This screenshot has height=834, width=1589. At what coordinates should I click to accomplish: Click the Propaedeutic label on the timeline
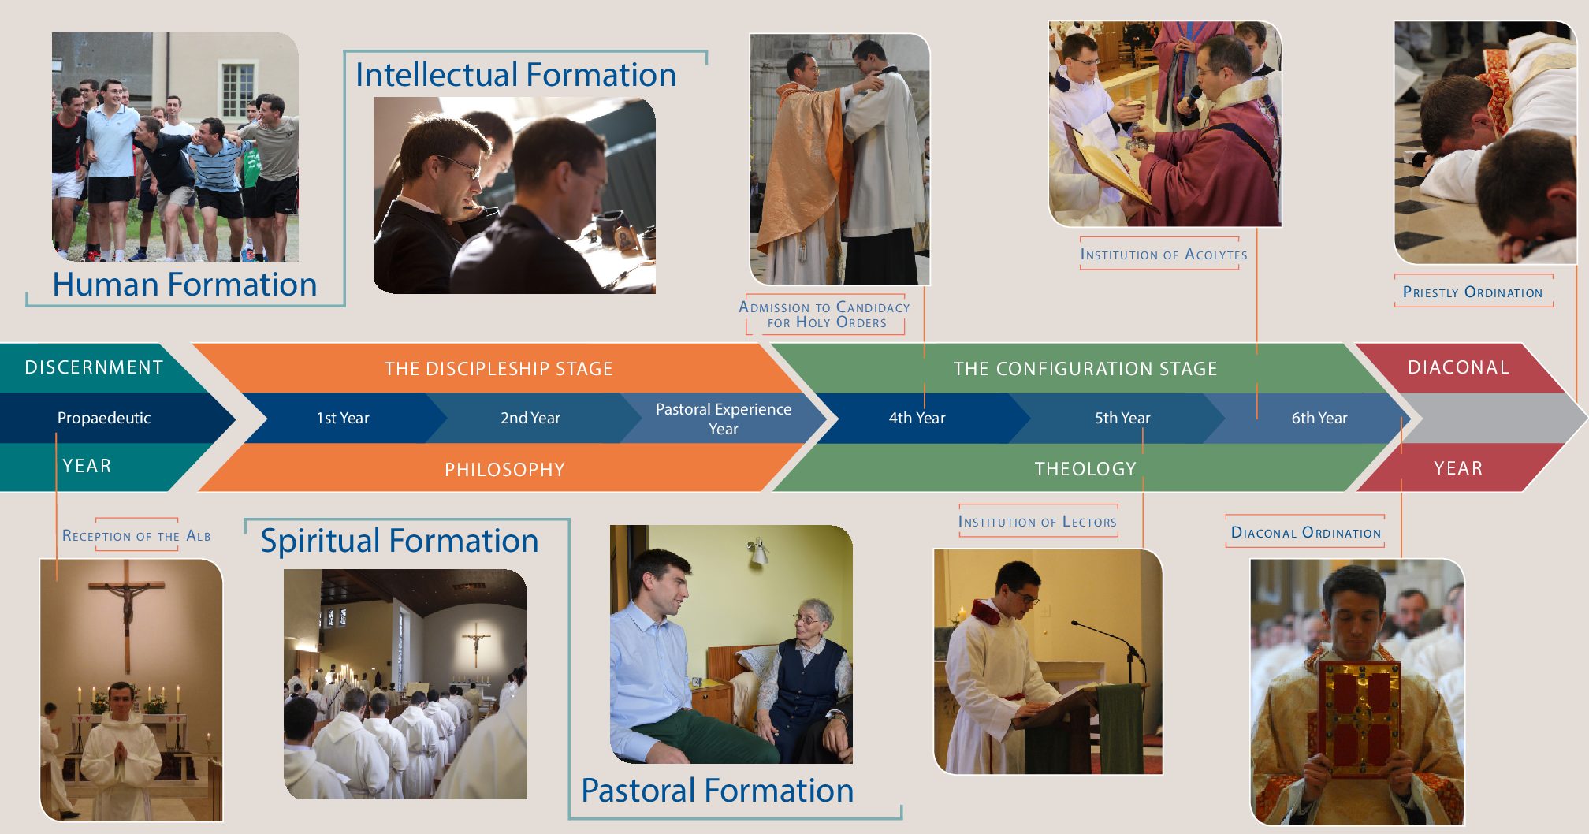[x=104, y=418]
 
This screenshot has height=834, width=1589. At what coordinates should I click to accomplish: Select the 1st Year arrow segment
[x=343, y=418]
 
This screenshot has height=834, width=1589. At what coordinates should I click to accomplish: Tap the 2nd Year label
[x=530, y=418]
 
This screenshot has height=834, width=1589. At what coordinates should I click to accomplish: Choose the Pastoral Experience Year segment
[x=724, y=419]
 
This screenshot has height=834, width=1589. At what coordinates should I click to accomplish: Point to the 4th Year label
[x=917, y=418]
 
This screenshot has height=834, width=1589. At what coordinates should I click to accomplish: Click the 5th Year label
[x=1122, y=418]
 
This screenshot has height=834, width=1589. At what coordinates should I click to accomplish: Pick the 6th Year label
[x=1319, y=418]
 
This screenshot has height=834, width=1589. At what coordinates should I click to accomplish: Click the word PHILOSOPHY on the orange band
[x=504, y=470]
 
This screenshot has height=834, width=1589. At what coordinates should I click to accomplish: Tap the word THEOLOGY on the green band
[x=1085, y=469]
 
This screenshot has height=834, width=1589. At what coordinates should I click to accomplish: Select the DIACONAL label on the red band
[x=1458, y=367]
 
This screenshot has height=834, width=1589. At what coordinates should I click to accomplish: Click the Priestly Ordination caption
[x=1472, y=292]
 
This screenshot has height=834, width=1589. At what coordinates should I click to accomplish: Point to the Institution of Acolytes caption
[x=1163, y=255]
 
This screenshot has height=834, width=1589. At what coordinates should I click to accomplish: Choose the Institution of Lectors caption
[x=1037, y=522]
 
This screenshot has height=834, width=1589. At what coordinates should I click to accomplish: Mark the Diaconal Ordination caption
[x=1306, y=533]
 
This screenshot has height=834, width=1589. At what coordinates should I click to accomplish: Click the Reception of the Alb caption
[x=136, y=536]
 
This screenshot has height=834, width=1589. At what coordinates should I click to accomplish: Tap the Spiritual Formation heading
[x=400, y=541]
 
